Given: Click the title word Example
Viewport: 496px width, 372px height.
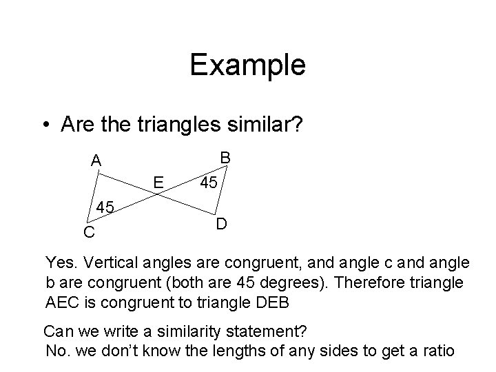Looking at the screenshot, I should click(247, 65).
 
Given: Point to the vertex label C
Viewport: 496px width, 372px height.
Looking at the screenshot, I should click(89, 233).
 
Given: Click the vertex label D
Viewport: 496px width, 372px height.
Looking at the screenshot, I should click(220, 225).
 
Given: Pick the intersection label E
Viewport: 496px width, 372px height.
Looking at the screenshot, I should click(158, 182).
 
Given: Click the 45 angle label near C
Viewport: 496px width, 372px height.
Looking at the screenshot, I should click(105, 207).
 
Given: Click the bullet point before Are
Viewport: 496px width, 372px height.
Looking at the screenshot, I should click(44, 125).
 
